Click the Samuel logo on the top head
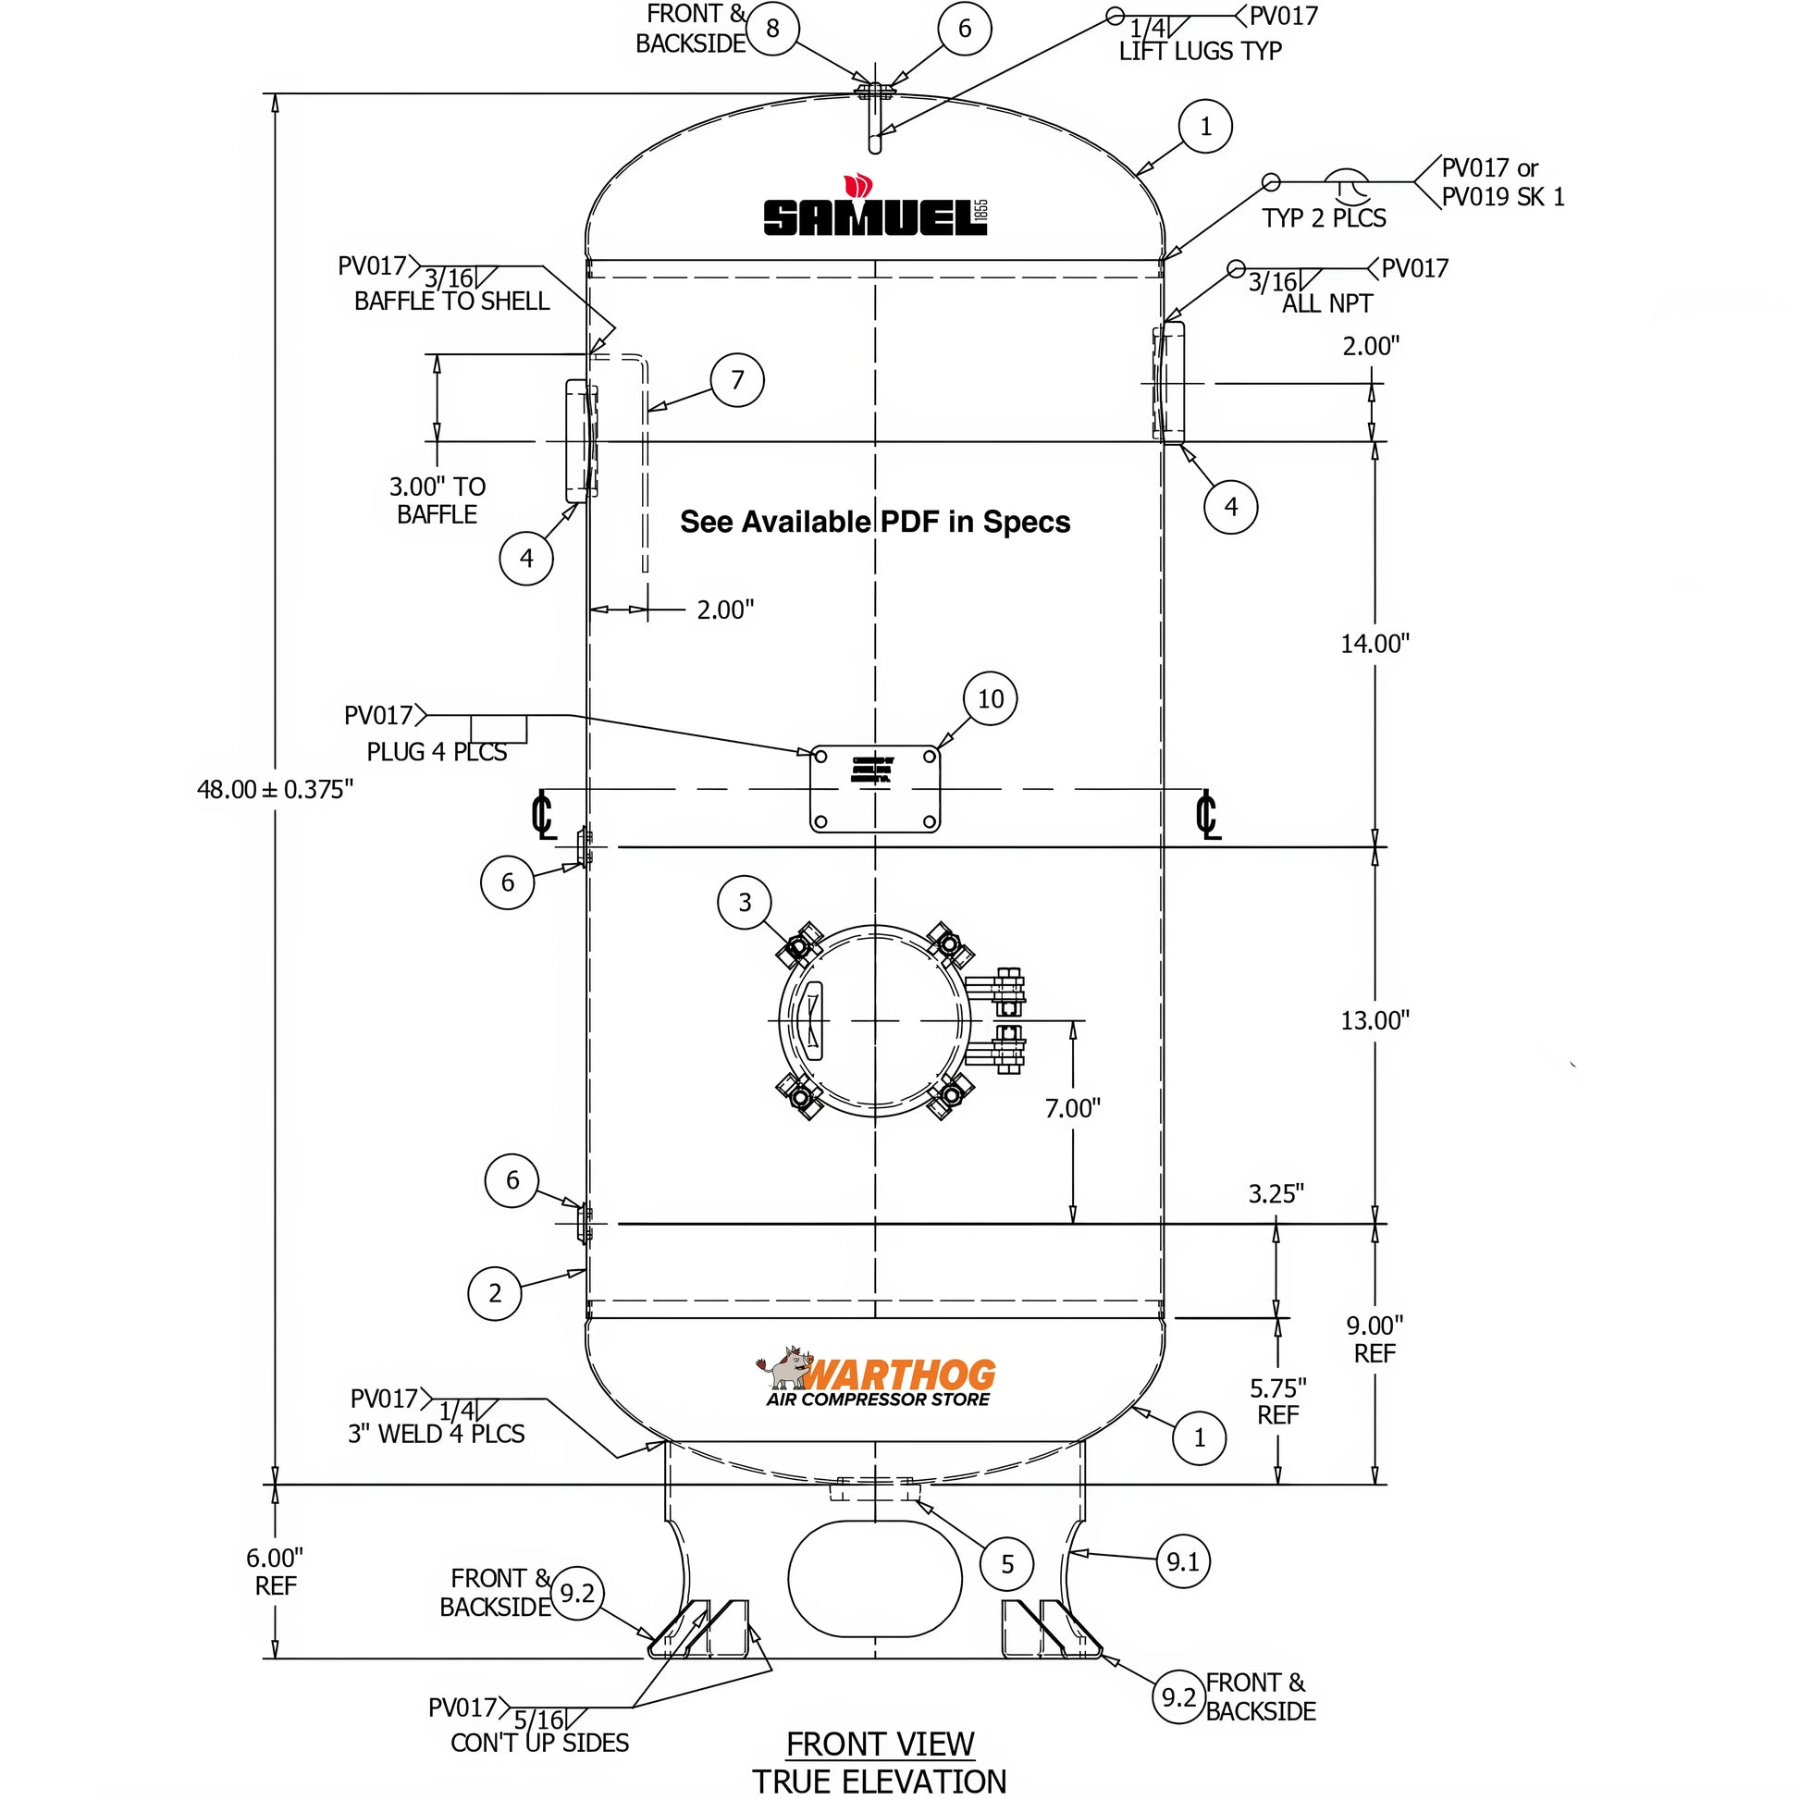(x=874, y=209)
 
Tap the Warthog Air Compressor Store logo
(x=876, y=1380)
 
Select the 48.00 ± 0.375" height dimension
(x=275, y=790)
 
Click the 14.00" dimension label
(x=1375, y=644)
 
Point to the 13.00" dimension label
(x=1375, y=1020)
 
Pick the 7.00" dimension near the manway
(x=1072, y=1109)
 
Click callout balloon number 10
(x=991, y=698)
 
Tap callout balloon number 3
(x=745, y=902)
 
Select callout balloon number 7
(x=737, y=380)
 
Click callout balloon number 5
(x=1007, y=1564)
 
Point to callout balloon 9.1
(x=1183, y=1561)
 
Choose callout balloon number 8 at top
(x=772, y=29)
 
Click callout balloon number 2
(x=495, y=1293)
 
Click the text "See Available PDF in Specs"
(x=875, y=522)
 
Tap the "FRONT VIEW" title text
(x=880, y=1745)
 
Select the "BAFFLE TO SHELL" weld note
(x=452, y=301)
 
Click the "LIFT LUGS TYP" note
(x=1200, y=51)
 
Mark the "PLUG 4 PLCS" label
(x=436, y=752)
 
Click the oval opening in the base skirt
(x=875, y=1579)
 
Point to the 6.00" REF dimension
(x=275, y=1572)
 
